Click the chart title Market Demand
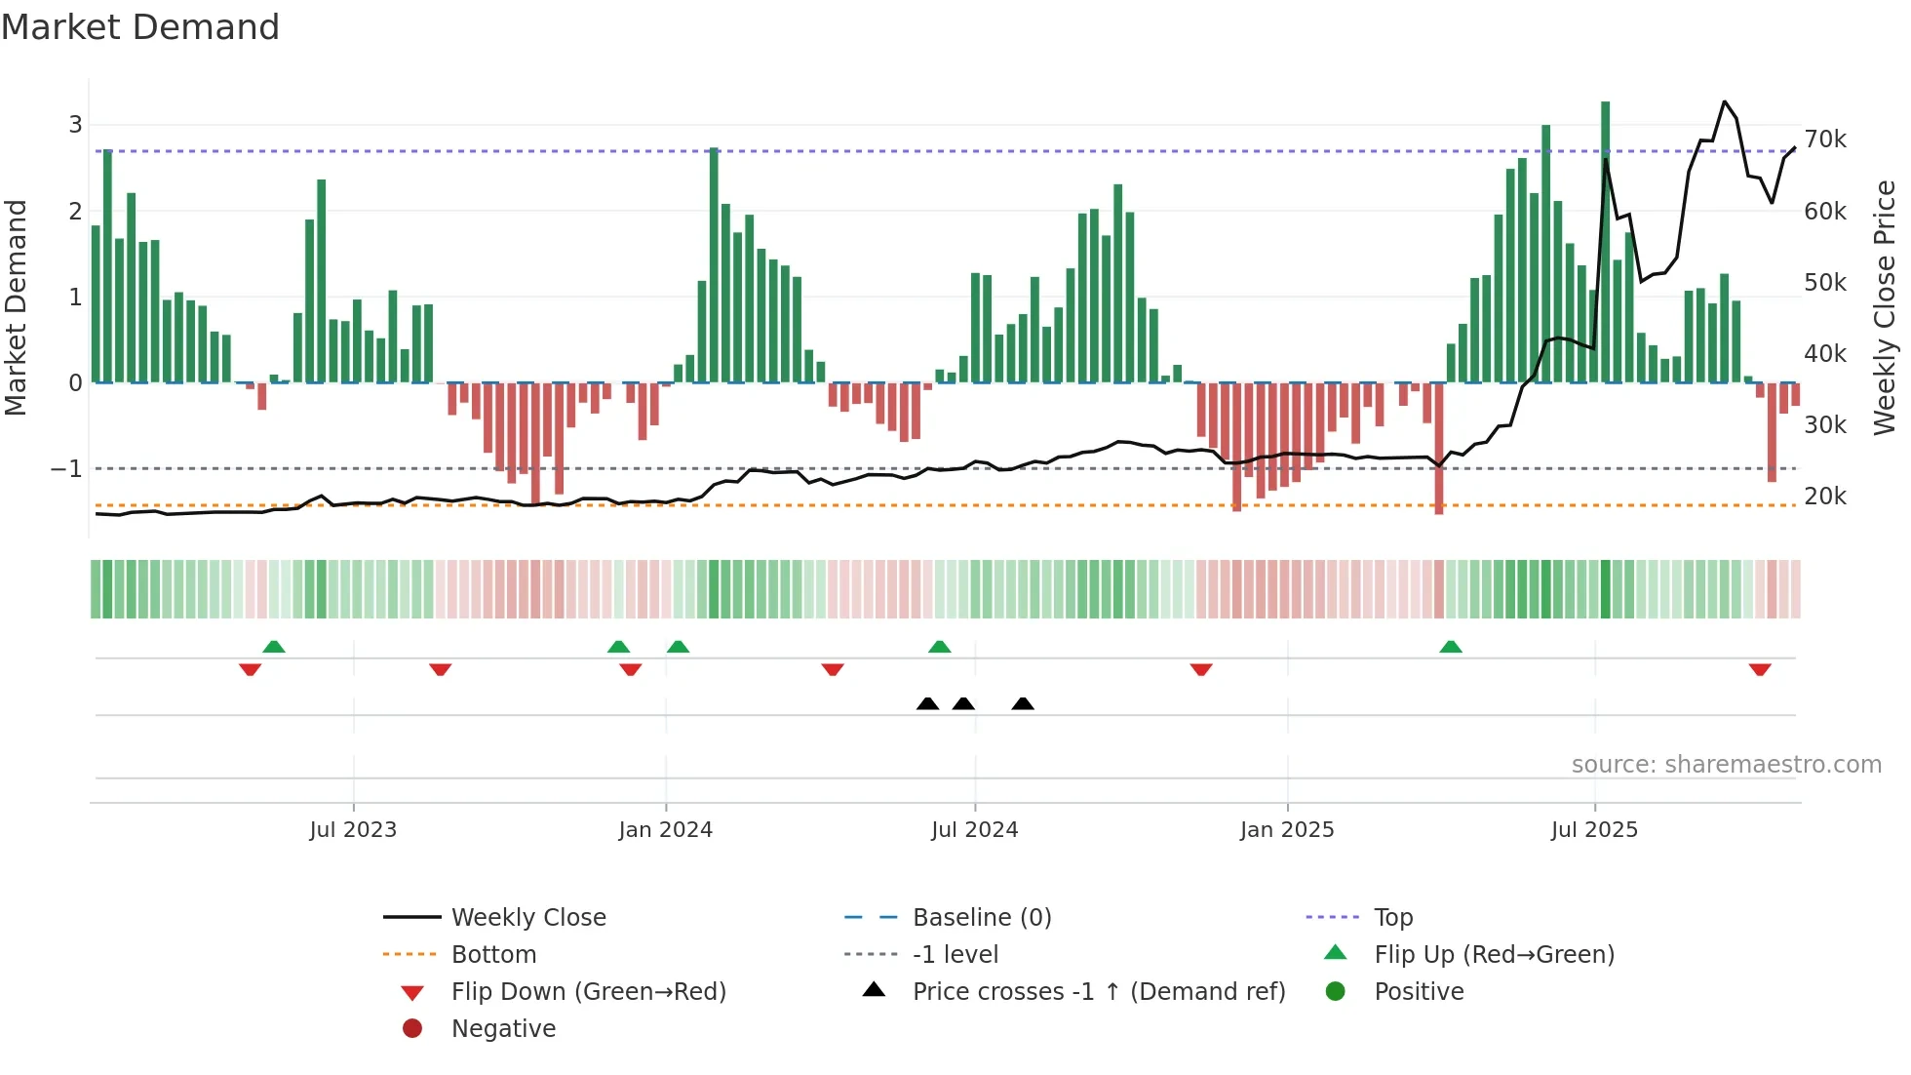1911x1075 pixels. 140,27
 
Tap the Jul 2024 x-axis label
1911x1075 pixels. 974,830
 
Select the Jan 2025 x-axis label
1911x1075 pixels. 1286,830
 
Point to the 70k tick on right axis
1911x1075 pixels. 1824,139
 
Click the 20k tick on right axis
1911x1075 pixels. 1824,497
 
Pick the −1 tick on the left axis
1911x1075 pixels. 66,469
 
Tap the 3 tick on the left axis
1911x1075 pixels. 75,125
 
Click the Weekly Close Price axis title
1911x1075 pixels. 1884,307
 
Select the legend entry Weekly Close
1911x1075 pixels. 527,918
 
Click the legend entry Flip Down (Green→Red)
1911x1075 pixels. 588,992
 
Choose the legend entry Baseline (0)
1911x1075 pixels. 981,918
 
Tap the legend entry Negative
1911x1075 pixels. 503,1029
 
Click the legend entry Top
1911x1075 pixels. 1392,918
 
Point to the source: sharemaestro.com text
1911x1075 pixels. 1726,765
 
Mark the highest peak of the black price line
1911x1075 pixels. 1724,102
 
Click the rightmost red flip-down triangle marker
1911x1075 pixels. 1759,669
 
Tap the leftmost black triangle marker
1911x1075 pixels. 927,704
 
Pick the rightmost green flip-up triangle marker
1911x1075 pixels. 1450,647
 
